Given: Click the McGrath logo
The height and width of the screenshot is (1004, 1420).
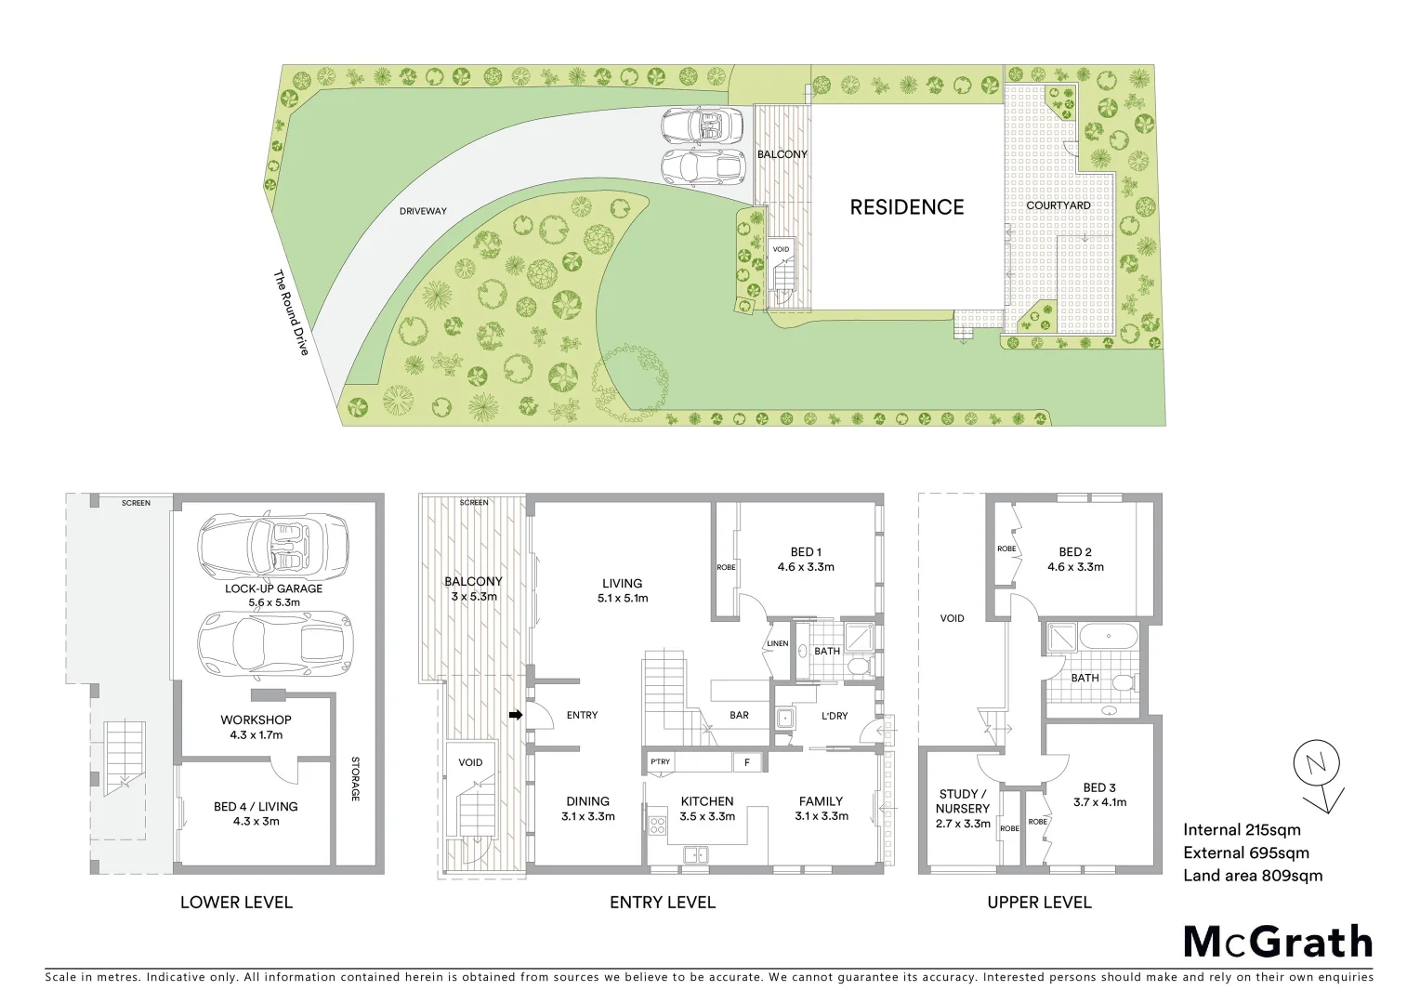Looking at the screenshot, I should click(x=1277, y=942).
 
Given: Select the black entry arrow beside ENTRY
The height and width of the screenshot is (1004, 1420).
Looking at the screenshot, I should click(x=516, y=714).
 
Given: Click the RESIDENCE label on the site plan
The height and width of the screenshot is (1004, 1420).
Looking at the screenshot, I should click(x=906, y=207).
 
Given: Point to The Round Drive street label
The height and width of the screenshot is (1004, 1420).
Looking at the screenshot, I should click(x=290, y=313).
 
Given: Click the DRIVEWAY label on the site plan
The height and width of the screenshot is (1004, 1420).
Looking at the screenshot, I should click(x=423, y=211).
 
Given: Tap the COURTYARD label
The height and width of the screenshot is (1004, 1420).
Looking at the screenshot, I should click(x=1058, y=205).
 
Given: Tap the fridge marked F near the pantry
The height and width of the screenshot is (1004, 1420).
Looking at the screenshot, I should click(x=746, y=762).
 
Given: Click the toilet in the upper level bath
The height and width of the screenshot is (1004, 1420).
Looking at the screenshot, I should click(x=1124, y=683).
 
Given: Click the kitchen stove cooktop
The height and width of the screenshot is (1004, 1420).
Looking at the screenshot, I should click(x=657, y=825).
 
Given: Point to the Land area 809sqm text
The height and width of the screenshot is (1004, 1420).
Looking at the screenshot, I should click(x=1252, y=875).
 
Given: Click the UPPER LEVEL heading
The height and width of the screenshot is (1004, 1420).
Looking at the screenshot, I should click(x=1039, y=902).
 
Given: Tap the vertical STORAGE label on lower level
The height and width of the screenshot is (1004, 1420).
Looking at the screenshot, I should click(x=355, y=779).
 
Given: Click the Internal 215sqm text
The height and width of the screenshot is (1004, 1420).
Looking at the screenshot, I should click(x=1241, y=830).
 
